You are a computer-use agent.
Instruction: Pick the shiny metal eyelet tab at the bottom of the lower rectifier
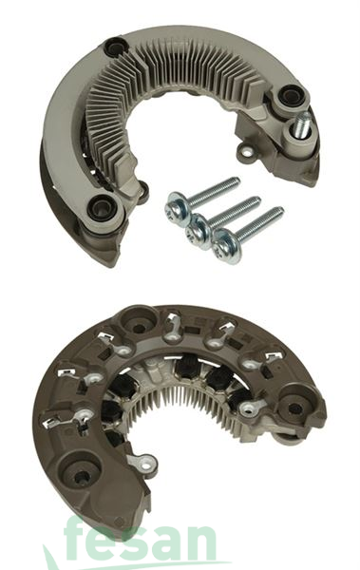click(x=144, y=465)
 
